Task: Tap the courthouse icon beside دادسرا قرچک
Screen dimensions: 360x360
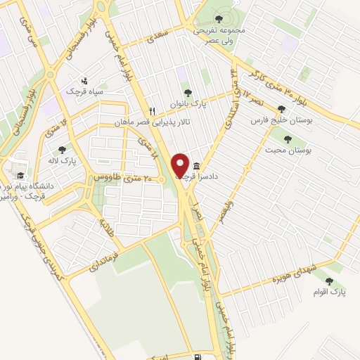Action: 195,166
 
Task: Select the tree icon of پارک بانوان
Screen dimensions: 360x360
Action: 187,92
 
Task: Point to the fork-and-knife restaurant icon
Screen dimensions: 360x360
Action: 151,112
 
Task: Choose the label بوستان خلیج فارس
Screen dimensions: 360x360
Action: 281,121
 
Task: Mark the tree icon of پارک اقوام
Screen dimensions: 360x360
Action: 328,281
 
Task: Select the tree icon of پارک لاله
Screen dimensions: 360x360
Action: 62,149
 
